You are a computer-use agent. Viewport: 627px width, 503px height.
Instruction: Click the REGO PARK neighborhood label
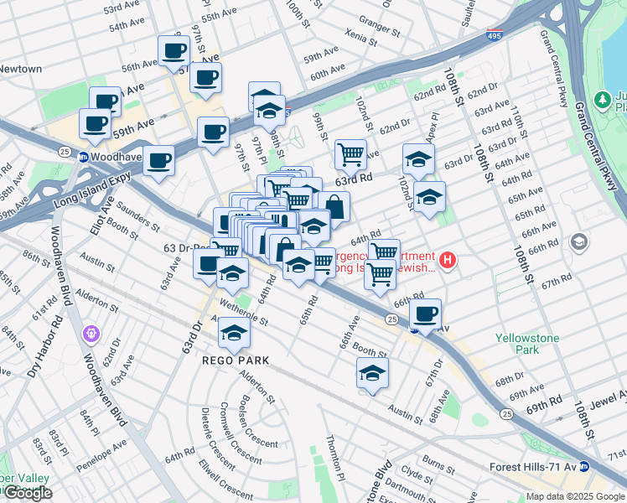234,360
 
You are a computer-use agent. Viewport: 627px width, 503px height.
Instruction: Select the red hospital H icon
448,261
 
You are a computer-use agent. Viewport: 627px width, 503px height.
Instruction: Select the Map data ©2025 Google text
575,496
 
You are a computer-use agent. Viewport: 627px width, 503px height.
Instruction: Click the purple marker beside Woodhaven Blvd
91,334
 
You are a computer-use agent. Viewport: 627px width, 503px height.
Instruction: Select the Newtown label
20,69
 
